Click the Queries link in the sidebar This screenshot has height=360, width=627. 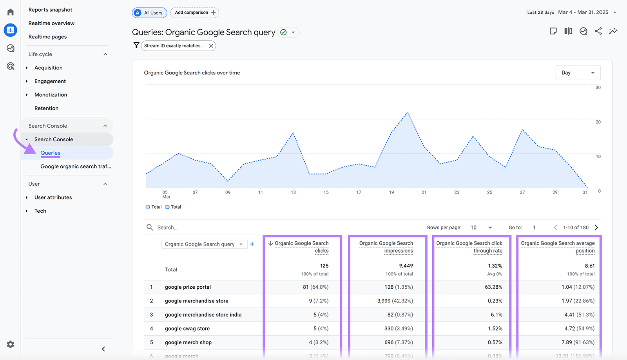50,153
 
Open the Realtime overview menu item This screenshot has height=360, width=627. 51,23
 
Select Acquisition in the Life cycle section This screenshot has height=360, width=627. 48,68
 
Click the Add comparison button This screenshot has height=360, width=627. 195,13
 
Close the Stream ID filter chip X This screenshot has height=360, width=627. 211,46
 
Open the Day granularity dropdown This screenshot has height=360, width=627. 578,73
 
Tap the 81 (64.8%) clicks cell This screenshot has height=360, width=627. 315,287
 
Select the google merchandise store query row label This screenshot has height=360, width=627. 196,301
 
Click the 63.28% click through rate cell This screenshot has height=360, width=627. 493,287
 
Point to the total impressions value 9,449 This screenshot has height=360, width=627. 406,266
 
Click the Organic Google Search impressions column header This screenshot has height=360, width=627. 386,247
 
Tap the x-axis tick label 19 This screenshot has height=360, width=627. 391,192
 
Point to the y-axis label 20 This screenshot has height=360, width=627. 598,122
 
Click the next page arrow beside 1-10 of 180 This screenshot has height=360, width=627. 596,228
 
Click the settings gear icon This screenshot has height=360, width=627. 11,344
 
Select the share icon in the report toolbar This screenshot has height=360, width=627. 598,31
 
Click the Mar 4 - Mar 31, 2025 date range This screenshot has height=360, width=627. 583,13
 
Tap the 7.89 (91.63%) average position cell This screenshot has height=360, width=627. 578,342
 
